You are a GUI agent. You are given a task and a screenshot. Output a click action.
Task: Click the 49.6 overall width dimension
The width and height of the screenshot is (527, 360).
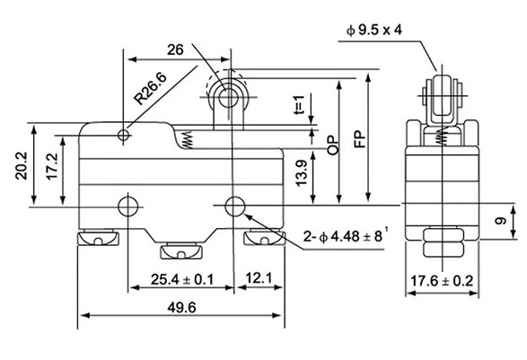pos(180,307)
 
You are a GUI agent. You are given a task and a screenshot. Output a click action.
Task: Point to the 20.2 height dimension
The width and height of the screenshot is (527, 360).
pos(21,167)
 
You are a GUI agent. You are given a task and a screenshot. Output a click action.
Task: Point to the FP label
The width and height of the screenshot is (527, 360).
pos(359,142)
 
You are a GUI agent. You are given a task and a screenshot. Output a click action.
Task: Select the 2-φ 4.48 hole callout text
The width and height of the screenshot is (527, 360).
pos(347,237)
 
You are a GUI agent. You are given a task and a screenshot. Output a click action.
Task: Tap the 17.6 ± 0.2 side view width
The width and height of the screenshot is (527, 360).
pos(441,281)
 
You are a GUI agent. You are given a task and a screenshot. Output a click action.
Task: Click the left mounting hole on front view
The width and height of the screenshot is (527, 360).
pos(130,206)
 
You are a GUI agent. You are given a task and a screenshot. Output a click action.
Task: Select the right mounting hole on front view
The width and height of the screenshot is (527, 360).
pos(235,206)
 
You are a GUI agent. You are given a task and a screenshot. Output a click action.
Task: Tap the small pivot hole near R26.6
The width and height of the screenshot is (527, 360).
pos(123,136)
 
